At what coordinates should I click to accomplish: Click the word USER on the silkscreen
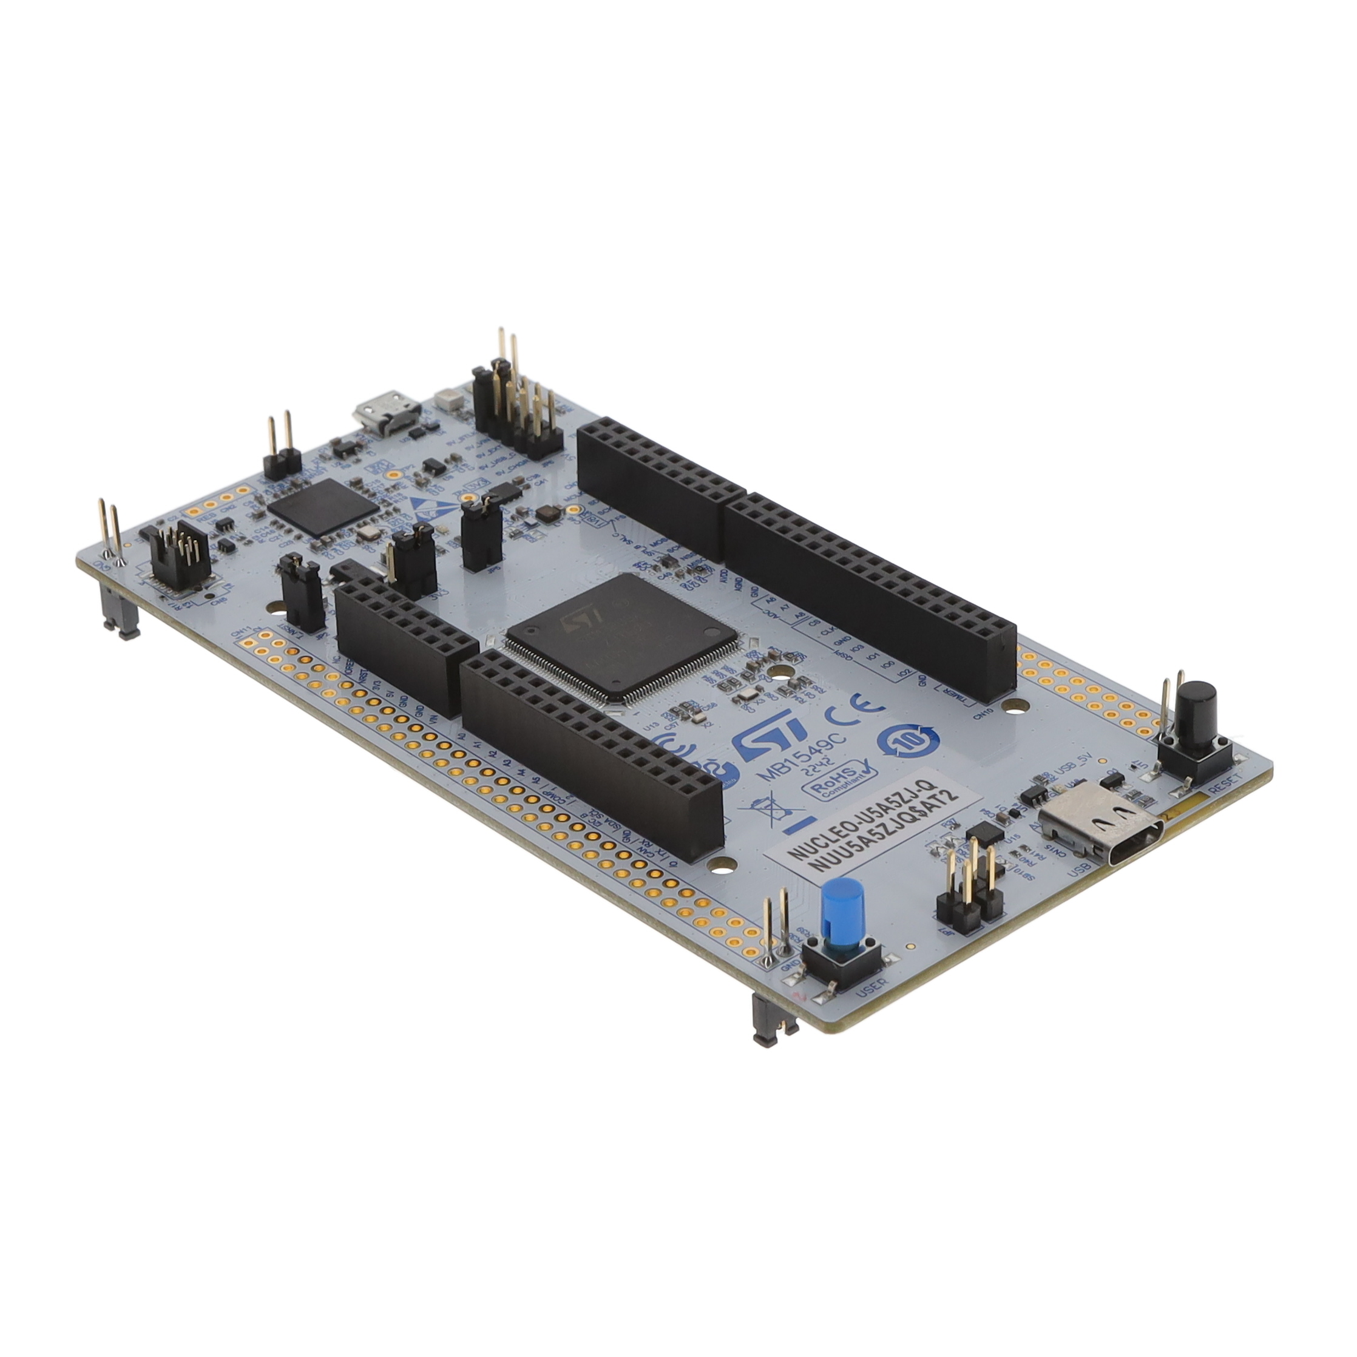871,987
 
